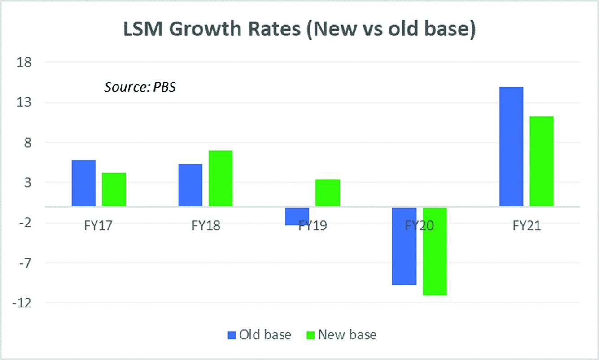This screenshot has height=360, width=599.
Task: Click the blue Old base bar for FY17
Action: [83, 183]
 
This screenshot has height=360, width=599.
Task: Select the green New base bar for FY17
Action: [114, 189]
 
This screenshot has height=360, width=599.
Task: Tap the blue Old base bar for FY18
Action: [190, 185]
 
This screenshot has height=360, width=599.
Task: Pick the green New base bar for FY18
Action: [220, 178]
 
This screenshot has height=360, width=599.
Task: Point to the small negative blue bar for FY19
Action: [297, 216]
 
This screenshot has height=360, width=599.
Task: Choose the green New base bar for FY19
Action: [328, 193]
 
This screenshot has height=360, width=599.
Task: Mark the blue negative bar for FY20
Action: [404, 246]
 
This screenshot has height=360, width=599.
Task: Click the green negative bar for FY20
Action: [434, 251]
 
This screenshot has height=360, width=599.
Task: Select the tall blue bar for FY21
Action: [511, 146]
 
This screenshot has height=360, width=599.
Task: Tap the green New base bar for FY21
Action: [541, 161]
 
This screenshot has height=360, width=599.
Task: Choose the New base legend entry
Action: [341, 335]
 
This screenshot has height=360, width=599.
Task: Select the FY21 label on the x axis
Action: [526, 225]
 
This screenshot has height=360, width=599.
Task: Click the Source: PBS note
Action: [140, 87]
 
